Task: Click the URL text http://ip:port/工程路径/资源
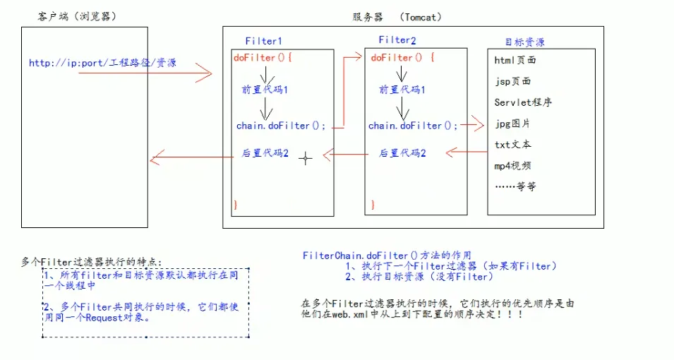tap(102, 63)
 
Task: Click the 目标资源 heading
tap(524, 42)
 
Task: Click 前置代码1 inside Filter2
tap(402, 90)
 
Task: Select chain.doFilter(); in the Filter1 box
tap(281, 126)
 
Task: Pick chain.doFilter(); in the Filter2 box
tap(413, 126)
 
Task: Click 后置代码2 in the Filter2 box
tap(402, 152)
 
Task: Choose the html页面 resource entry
tap(515, 61)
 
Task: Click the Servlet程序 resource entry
tap(523, 102)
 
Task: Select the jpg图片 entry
tap(512, 124)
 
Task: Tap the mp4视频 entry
tap(513, 166)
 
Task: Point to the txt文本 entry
tap(513, 145)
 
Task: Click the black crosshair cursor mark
tap(305, 158)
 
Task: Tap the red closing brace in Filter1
tap(236, 203)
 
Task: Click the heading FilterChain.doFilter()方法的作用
tap(386, 255)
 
